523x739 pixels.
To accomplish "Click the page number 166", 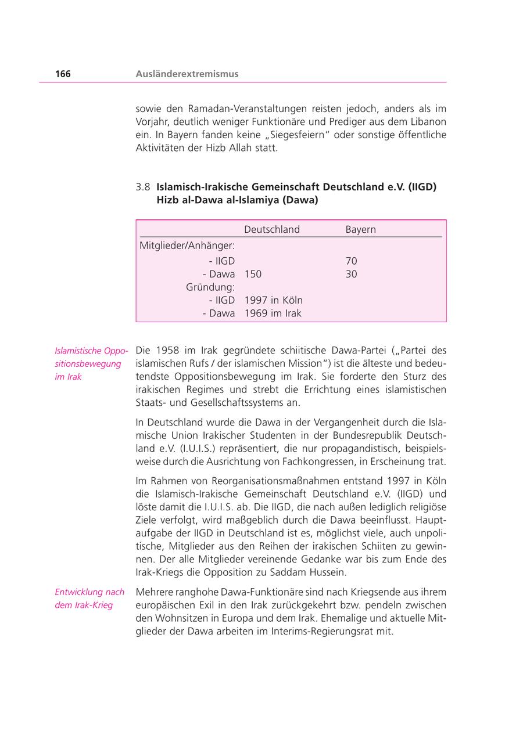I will coord(63,74).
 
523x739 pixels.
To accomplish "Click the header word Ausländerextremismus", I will coord(187,74).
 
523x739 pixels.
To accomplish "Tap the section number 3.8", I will coord(143,187).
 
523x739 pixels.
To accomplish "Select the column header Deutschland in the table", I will coord(271,229).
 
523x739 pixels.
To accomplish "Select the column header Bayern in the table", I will coord(360,229).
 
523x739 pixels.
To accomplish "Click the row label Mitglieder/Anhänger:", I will coord(187,246).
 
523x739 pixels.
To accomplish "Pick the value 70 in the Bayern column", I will coord(351,261).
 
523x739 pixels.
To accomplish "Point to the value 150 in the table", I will coord(253,274).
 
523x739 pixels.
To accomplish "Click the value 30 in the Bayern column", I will coord(351,274).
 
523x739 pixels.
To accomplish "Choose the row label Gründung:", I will coord(210,287).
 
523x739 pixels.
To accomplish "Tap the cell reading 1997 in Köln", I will coord(273,300).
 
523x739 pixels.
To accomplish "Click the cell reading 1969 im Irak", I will coord(273,313).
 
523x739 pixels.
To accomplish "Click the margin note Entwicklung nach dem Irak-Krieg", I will coord(89,599).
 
